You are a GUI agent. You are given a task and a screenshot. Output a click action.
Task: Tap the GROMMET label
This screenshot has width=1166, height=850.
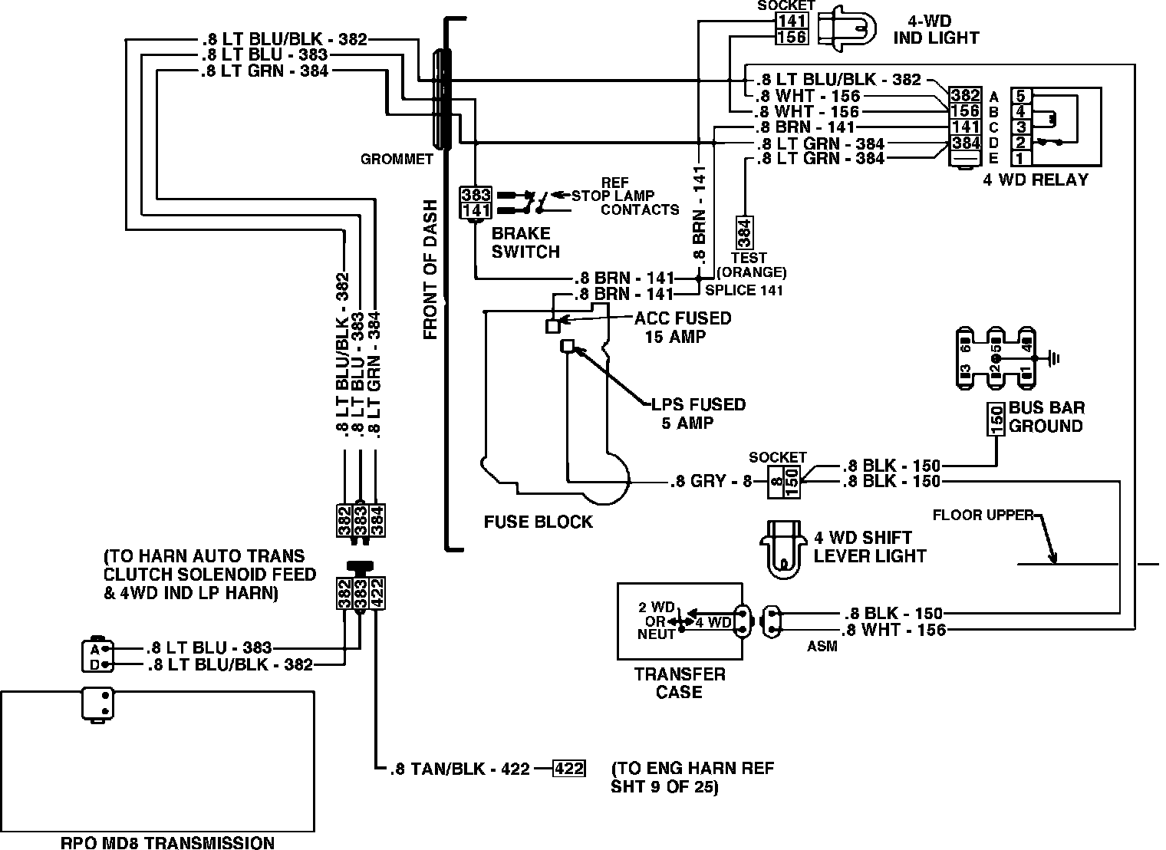[x=397, y=160]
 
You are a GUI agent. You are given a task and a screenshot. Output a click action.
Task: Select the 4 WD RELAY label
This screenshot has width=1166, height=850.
[x=1036, y=180]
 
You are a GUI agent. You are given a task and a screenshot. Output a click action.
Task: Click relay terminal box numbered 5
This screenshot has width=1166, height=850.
[x=1020, y=97]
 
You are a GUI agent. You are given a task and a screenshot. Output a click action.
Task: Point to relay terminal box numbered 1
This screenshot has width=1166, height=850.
[x=1020, y=158]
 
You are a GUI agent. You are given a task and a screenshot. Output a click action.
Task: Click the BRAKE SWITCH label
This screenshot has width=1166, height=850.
[x=525, y=242]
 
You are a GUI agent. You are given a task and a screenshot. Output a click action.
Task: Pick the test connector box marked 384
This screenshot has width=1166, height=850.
[x=743, y=231]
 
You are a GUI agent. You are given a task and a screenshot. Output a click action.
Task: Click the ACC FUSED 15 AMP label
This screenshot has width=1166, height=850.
[x=682, y=327]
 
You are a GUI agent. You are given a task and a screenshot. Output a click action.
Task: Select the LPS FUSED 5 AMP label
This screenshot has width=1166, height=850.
[x=697, y=413]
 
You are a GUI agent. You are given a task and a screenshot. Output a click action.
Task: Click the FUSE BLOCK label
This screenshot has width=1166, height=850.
[x=538, y=522]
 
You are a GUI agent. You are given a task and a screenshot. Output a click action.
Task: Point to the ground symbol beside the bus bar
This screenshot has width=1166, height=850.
[x=1056, y=357]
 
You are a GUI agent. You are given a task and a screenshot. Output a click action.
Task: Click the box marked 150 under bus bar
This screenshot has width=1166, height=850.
[x=996, y=420]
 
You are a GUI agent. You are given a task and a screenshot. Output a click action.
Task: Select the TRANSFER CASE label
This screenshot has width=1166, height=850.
[x=680, y=683]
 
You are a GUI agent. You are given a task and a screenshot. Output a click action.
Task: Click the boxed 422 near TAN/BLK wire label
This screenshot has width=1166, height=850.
[x=569, y=768]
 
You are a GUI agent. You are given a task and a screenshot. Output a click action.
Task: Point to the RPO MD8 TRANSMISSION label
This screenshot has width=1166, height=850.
[x=167, y=842]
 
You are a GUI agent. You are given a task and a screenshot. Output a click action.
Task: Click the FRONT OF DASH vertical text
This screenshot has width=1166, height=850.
[x=430, y=269]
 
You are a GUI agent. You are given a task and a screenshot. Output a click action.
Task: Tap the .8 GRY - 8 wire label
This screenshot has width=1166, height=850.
[x=711, y=482]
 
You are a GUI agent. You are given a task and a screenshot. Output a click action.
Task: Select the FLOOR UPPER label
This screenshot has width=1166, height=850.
[x=983, y=515]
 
